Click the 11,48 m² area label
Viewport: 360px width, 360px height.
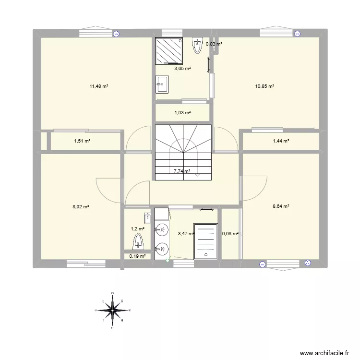pyautogui.click(x=98, y=86)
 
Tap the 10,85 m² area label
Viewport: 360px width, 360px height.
pyautogui.click(x=264, y=86)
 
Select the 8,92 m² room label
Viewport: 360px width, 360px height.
pyautogui.click(x=81, y=207)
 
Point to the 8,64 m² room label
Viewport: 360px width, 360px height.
pyautogui.click(x=281, y=207)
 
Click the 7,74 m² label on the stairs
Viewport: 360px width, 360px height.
pyautogui.click(x=181, y=171)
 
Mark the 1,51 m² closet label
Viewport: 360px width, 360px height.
pyautogui.click(x=82, y=141)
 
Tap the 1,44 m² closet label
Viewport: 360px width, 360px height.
pyautogui.click(x=281, y=141)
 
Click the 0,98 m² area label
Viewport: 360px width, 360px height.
pyautogui.click(x=230, y=234)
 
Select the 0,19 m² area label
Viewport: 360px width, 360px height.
pyautogui.click(x=138, y=256)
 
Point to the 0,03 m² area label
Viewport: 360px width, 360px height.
pyautogui.click(x=214, y=44)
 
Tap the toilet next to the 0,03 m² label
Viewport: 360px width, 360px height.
pyautogui.click(x=197, y=46)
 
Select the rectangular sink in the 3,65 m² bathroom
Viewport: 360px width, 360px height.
pyautogui.click(x=162, y=84)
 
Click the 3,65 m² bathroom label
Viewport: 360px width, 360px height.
pyautogui.click(x=182, y=69)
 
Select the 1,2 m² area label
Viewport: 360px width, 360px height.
pyautogui.click(x=138, y=229)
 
